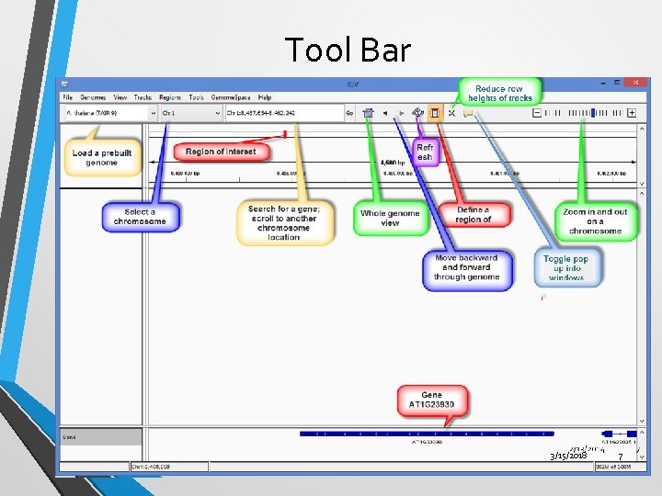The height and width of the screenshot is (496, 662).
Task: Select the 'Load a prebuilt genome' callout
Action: click(x=102, y=157)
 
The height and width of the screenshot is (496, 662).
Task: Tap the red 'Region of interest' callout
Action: click(x=221, y=152)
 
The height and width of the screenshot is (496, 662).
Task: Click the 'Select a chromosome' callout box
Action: click(x=140, y=217)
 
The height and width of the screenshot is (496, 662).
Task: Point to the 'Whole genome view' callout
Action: click(x=390, y=218)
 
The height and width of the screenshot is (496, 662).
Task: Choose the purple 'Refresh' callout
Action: click(x=425, y=152)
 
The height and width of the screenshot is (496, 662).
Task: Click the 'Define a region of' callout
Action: click(x=474, y=215)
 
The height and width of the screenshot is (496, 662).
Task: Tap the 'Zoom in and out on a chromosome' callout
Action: click(x=595, y=220)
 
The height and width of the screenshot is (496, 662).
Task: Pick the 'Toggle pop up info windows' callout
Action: click(x=565, y=267)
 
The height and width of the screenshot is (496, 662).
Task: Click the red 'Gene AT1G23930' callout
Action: click(x=431, y=400)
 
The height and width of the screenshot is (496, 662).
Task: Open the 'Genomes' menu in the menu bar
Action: click(x=93, y=97)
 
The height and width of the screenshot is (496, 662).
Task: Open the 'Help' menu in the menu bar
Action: click(x=265, y=97)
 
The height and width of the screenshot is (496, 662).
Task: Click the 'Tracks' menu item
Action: click(x=143, y=97)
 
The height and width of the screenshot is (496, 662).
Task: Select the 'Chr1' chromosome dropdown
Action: click(x=190, y=113)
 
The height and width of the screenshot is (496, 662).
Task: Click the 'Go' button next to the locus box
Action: click(x=349, y=113)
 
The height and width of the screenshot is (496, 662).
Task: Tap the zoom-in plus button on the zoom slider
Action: click(x=632, y=113)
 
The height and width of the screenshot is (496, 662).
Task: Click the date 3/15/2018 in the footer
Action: click(x=568, y=456)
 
